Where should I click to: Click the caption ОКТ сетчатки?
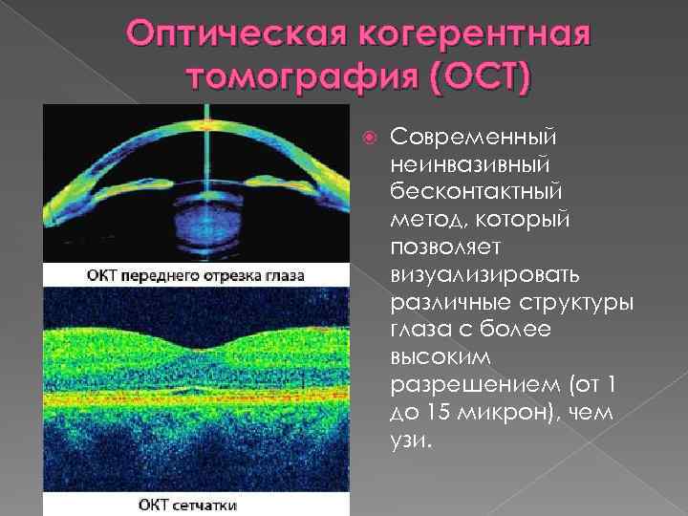(x=197, y=503)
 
